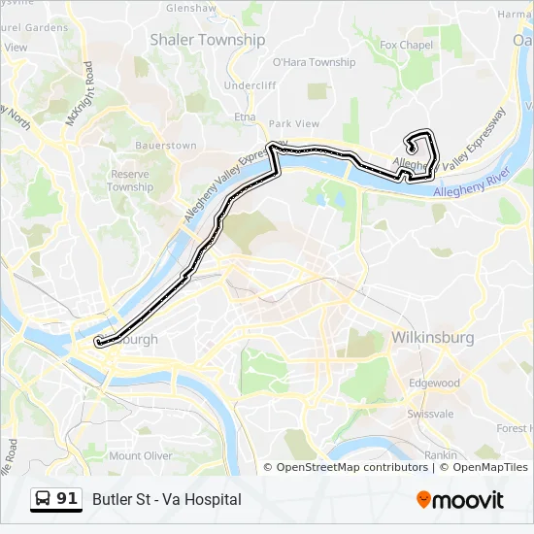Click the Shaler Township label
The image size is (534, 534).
[207, 40]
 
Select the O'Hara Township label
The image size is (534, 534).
[314, 62]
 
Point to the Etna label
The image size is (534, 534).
[244, 116]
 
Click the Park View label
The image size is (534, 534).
[294, 124]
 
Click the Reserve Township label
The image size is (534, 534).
[130, 180]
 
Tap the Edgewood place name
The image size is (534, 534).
[434, 384]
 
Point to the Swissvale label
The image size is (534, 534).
[430, 413]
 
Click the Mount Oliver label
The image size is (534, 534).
[140, 455]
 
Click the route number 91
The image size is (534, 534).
[67, 499]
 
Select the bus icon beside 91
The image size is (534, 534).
[44, 499]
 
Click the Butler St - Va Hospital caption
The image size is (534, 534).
[167, 500]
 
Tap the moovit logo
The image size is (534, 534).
[460, 500]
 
